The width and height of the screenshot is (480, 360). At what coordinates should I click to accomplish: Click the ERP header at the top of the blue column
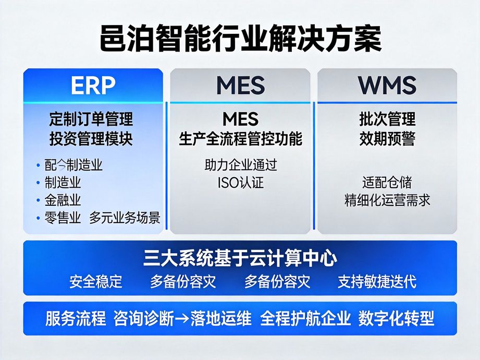point(93,85)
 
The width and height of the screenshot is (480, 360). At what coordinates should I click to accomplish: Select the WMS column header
point(387,85)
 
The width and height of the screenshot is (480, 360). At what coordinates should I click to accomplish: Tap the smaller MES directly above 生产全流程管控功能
point(240,119)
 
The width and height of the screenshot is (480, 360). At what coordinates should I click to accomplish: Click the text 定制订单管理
point(91,119)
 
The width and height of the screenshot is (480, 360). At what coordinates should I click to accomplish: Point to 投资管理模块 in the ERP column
point(91,139)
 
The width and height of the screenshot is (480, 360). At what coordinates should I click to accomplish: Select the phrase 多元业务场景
point(125,218)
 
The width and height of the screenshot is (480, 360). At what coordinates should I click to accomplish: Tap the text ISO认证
point(240,183)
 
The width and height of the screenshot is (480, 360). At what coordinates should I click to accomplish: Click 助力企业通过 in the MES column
point(240,165)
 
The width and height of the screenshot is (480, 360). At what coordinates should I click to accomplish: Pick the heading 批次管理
point(387,119)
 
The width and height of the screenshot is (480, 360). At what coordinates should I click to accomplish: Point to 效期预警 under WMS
point(387,139)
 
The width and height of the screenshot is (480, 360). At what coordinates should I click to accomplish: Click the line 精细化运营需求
point(387,200)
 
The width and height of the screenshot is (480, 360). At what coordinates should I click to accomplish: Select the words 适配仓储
point(387,182)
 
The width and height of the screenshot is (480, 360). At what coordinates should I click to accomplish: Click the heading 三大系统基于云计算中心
point(240,258)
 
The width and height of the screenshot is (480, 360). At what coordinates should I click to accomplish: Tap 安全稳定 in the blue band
point(96,281)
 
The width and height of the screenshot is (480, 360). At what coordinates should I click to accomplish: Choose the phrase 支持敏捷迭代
point(377,281)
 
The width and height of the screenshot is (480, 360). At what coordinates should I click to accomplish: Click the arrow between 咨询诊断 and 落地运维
point(182,319)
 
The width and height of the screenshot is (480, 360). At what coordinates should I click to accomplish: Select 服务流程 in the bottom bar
point(76,318)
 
